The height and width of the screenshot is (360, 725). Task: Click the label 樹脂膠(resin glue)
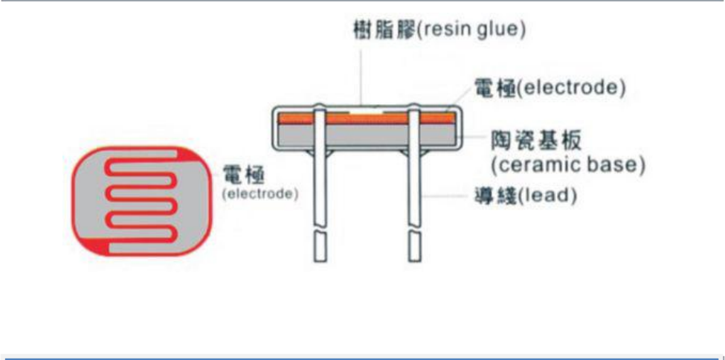point(438,30)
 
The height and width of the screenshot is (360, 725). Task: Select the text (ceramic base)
point(566,164)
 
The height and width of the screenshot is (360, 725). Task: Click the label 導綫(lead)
point(526,197)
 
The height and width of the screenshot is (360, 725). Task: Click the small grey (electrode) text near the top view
point(260,194)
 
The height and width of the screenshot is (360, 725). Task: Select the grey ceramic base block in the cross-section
point(364,135)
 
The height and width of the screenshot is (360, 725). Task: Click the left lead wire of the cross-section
point(319,186)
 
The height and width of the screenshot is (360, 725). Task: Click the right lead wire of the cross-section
point(415,186)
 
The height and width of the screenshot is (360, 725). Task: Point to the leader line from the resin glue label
point(361,74)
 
